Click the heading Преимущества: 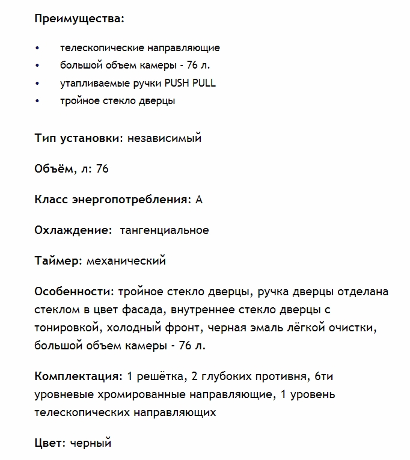click(79, 18)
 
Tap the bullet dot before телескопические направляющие click(37, 48)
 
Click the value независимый click(164, 138)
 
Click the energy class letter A click(199, 200)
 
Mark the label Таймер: click(59, 261)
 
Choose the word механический click(126, 261)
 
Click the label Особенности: click(75, 292)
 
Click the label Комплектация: click(79, 377)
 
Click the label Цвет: click(50, 444)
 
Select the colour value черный click(91, 444)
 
